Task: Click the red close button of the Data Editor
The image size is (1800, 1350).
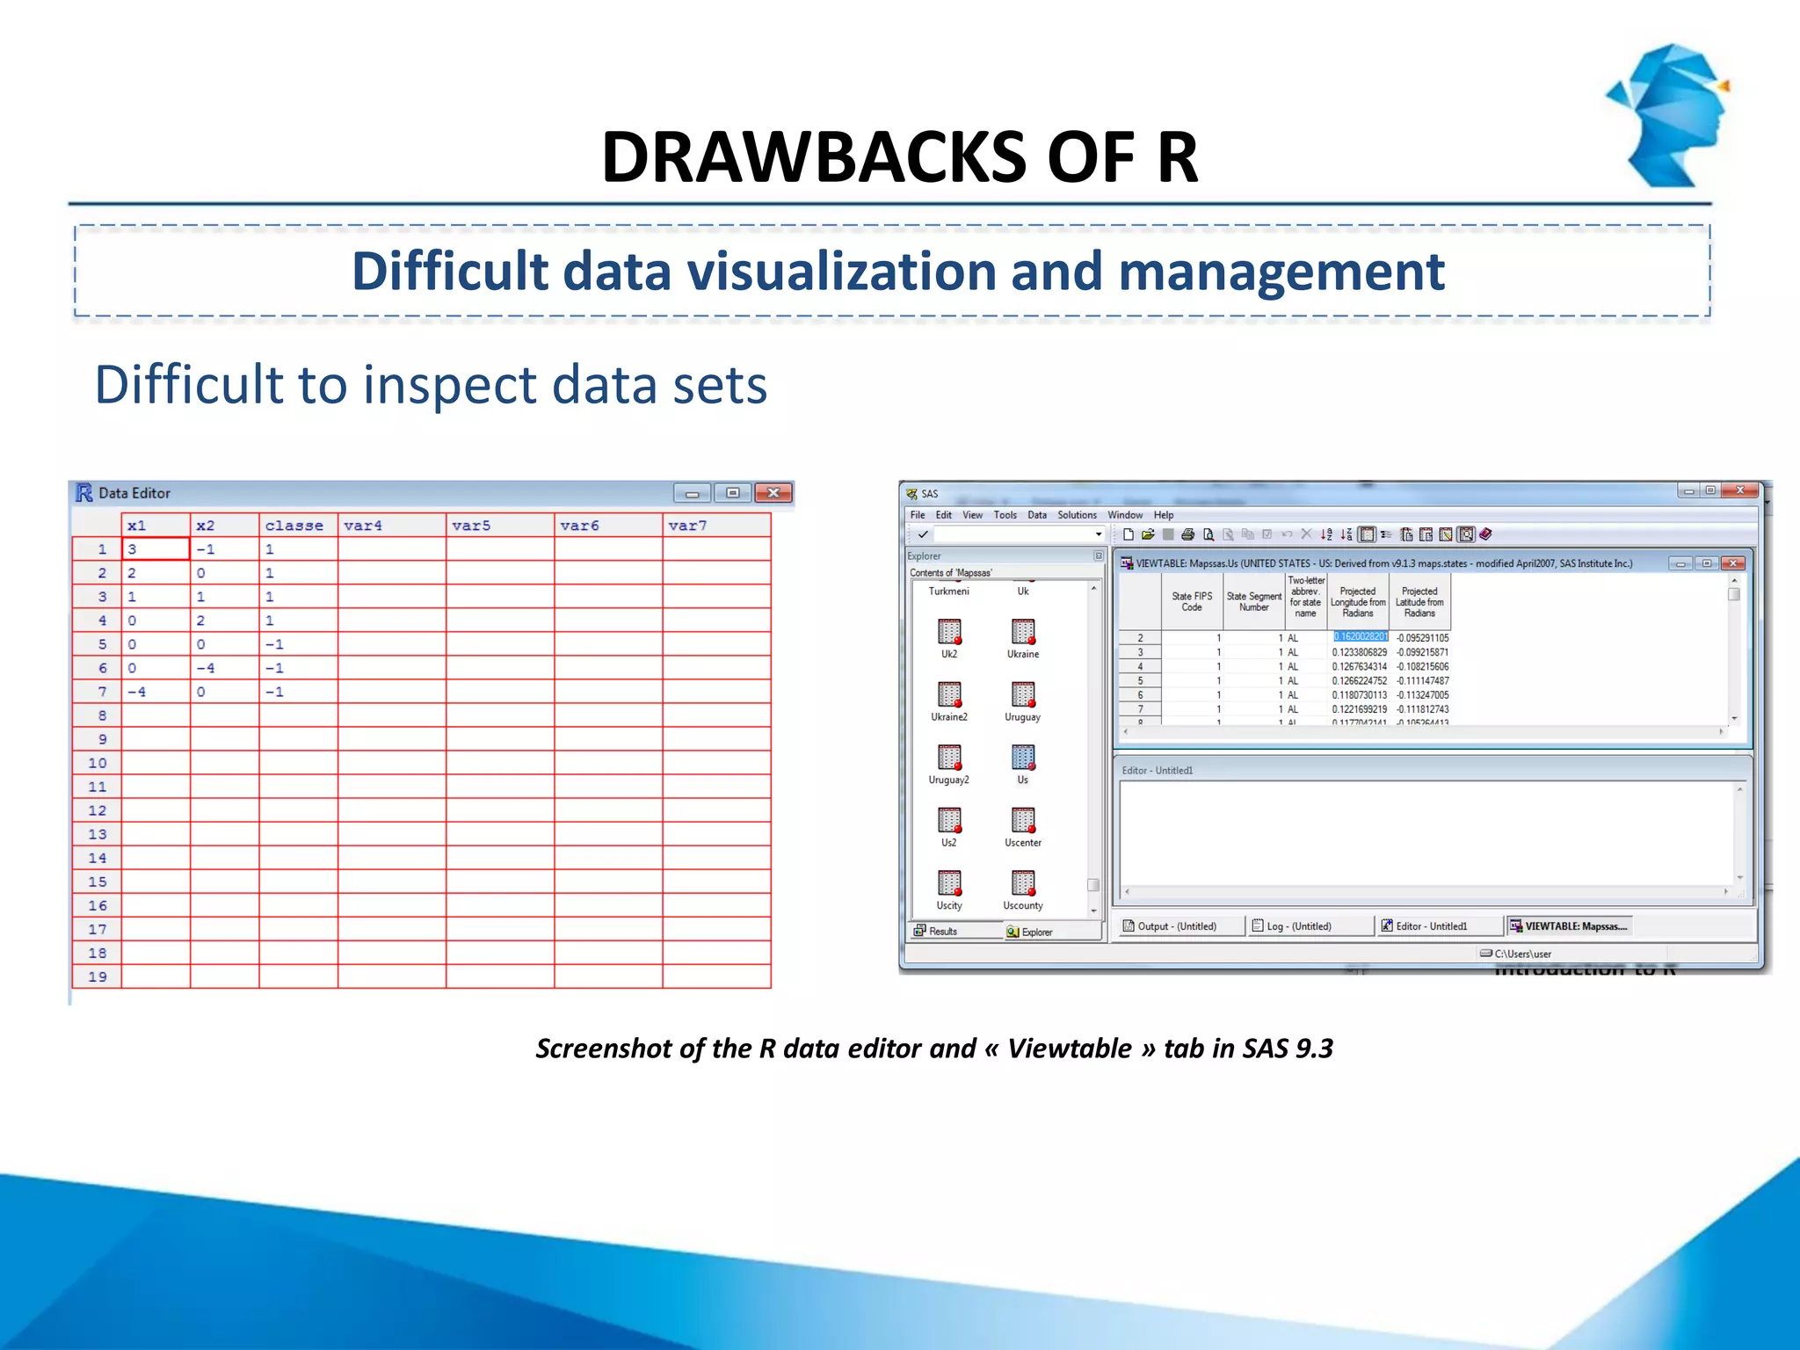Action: pyautogui.click(x=773, y=493)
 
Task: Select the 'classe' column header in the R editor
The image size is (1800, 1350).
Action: pyautogui.click(x=294, y=526)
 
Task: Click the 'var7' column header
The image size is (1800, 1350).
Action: pyautogui.click(x=687, y=526)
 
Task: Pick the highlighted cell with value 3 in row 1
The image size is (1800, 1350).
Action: pyautogui.click(x=155, y=549)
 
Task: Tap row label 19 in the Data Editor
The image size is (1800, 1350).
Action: pyautogui.click(x=98, y=976)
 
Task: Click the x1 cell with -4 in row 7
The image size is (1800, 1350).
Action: pyautogui.click(x=155, y=692)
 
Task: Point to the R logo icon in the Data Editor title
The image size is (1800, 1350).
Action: pyautogui.click(x=84, y=493)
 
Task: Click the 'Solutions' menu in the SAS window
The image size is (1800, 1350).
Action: pyautogui.click(x=1077, y=515)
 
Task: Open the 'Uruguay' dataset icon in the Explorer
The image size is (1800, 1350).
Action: pyautogui.click(x=1022, y=695)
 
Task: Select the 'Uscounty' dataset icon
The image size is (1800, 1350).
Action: pyautogui.click(x=1022, y=883)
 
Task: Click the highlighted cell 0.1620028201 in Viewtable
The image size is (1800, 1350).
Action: pyautogui.click(x=1360, y=637)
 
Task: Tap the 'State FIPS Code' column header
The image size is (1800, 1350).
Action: pyautogui.click(x=1192, y=601)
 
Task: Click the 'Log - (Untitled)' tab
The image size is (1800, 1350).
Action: pyautogui.click(x=1297, y=926)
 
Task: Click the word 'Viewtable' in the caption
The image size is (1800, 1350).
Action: pyautogui.click(x=1069, y=1049)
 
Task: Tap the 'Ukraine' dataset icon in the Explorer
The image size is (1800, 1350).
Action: pyautogui.click(x=1022, y=633)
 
